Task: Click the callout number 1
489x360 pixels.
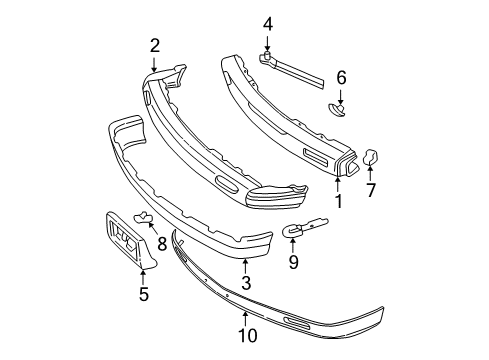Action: click(x=338, y=201)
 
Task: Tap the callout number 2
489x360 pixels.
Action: click(x=155, y=44)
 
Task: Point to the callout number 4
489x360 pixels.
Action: click(x=267, y=23)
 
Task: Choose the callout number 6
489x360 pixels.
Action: click(x=341, y=76)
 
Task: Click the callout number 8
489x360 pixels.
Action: click(x=162, y=242)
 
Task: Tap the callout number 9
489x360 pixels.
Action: click(x=293, y=264)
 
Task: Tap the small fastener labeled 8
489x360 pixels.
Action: click(x=143, y=219)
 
